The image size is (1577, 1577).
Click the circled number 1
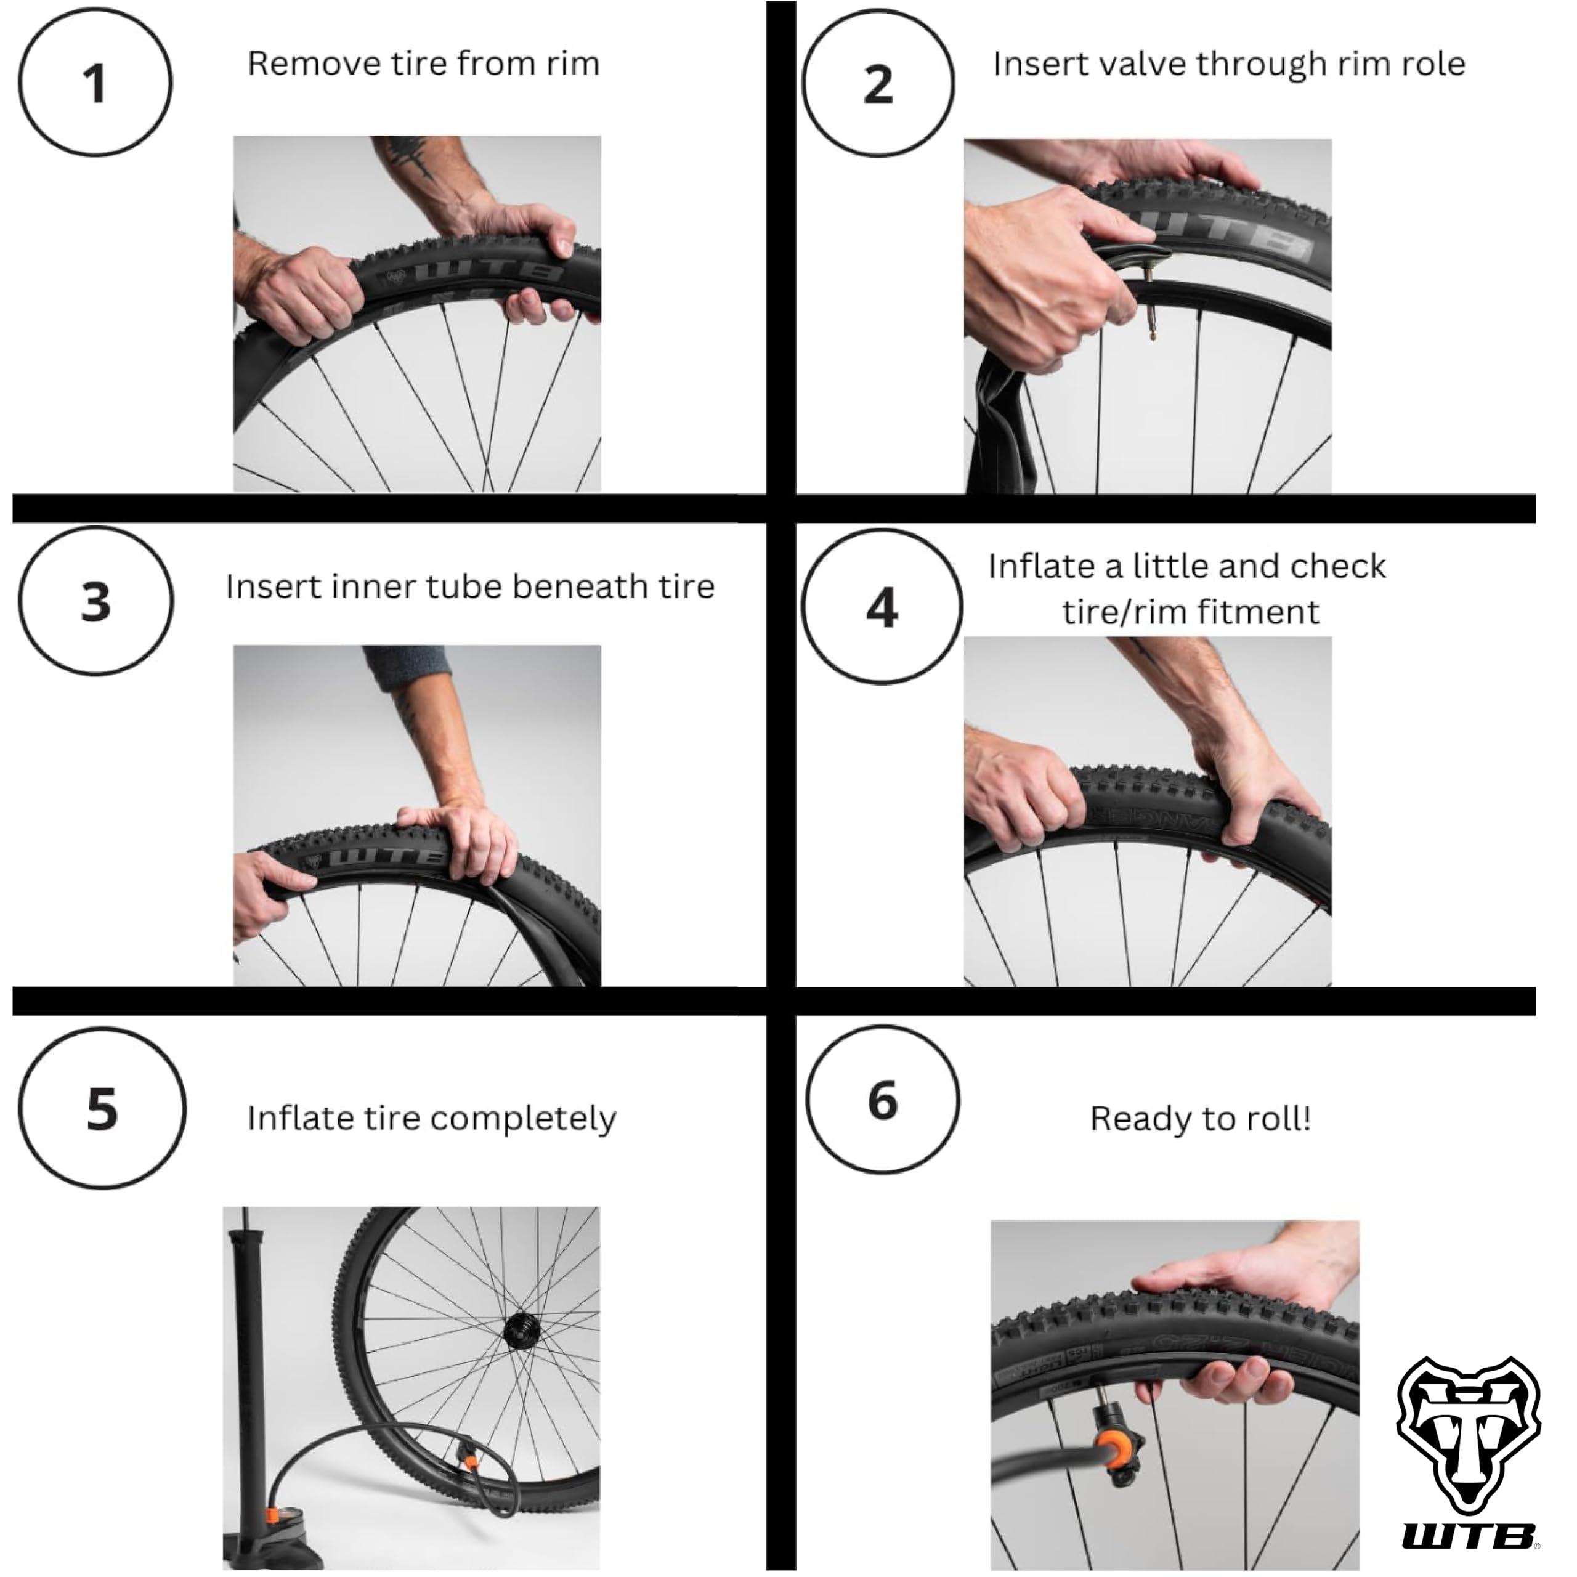click(x=95, y=83)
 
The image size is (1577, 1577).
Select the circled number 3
click(x=95, y=602)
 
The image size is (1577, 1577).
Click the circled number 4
click(x=882, y=607)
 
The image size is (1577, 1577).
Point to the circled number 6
click(x=882, y=1100)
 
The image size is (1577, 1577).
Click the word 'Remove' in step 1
click(x=294, y=63)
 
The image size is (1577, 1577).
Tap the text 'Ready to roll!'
click(x=1201, y=1118)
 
